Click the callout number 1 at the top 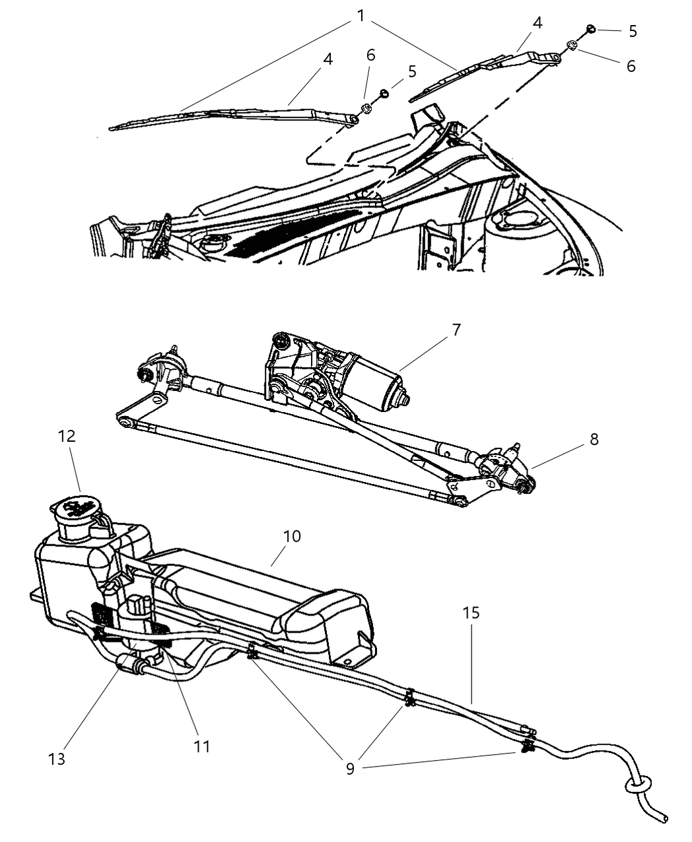coord(361,15)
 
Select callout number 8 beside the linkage coord(594,439)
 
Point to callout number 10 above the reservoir coord(291,536)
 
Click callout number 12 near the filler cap coord(67,436)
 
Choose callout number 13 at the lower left coord(57,759)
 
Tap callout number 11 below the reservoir coord(201,746)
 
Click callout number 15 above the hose coord(471,612)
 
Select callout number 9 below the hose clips coord(350,769)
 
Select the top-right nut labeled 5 coord(592,28)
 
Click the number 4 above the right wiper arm coord(537,22)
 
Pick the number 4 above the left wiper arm coord(328,59)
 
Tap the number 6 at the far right coord(631,66)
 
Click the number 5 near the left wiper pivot coord(412,71)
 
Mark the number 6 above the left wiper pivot coord(370,55)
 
